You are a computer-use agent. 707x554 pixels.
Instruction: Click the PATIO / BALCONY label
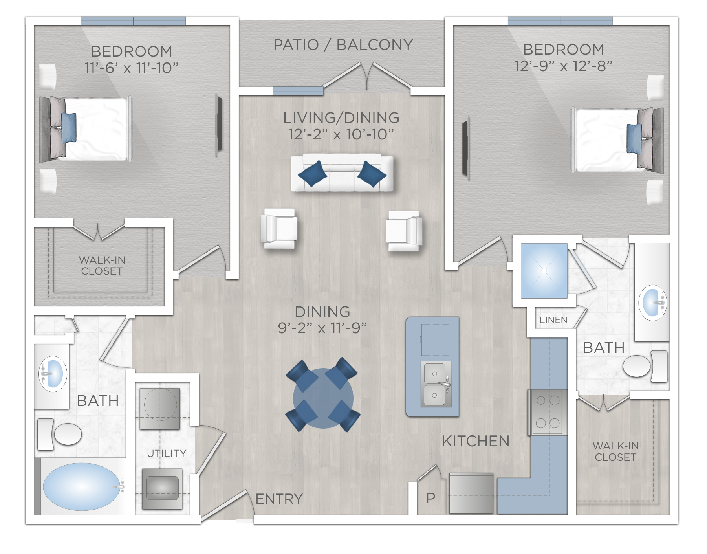[x=343, y=45]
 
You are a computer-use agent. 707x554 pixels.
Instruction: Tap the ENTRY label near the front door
[x=279, y=499]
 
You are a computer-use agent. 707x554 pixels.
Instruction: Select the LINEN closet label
[x=553, y=320]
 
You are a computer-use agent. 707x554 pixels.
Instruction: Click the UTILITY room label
[x=167, y=453]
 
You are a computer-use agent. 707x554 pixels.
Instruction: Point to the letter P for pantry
[x=431, y=498]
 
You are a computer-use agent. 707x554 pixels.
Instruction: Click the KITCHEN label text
[x=476, y=441]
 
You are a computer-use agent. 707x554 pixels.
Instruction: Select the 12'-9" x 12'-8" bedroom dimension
[x=563, y=66]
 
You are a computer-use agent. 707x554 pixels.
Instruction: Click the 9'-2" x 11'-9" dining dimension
[x=322, y=328]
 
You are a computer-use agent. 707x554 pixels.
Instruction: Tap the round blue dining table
[x=323, y=398]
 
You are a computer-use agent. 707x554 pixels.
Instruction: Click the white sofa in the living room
[x=342, y=173]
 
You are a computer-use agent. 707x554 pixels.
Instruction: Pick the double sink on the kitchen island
[x=436, y=384]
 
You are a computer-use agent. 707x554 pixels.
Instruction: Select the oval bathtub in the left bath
[x=82, y=486]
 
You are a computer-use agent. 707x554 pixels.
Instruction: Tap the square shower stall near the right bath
[x=544, y=270]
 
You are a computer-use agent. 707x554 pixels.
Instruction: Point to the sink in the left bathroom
[x=53, y=374]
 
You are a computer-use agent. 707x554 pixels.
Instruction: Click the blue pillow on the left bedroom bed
[x=69, y=127]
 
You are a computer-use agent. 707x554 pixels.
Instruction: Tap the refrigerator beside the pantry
[x=471, y=493]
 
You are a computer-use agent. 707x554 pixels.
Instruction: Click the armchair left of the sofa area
[x=279, y=229]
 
